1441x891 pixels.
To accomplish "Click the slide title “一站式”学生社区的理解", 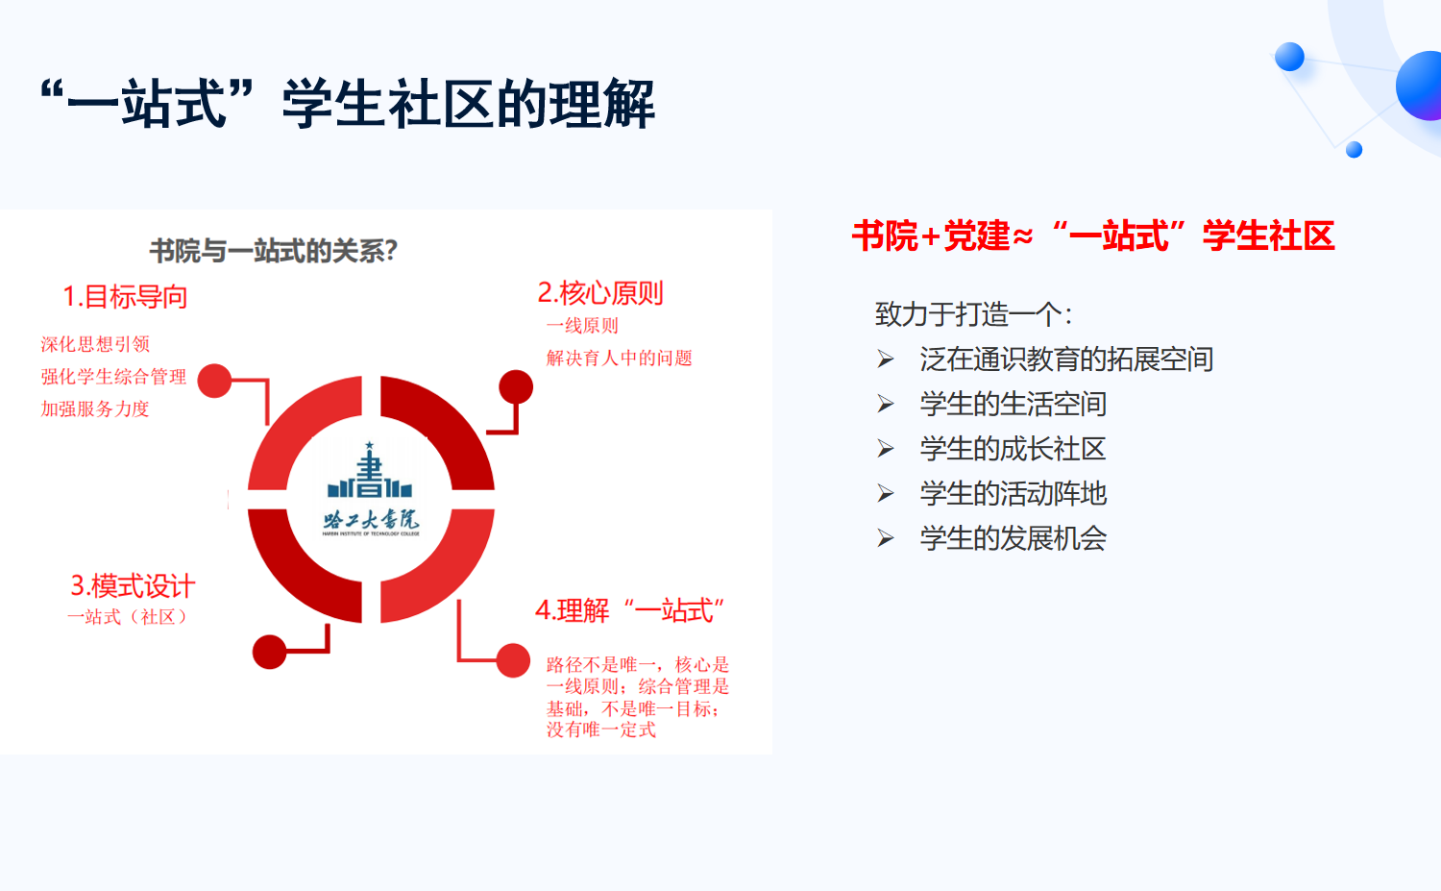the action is pos(348,103).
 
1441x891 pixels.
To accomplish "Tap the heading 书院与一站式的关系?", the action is pos(274,251).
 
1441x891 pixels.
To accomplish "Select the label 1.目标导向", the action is pos(125,297).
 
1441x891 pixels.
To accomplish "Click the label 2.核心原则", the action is pos(600,293).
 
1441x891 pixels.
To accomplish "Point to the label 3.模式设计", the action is pos(133,586).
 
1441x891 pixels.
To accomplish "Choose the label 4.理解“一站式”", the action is pos(630,610).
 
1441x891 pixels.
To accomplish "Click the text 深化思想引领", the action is pos(95,344).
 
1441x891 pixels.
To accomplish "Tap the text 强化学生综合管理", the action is pos(113,377).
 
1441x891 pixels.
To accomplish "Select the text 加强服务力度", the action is pos(95,408).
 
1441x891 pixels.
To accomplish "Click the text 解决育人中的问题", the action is pos(619,358).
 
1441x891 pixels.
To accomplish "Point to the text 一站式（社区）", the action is pos(128,617).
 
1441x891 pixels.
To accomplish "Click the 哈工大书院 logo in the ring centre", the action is pos(371,490).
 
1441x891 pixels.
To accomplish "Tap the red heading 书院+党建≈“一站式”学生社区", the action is pos(1093,235).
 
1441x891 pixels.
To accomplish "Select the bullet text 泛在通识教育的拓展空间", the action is pos(1066,359).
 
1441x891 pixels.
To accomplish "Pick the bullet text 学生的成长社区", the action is pos(1013,449).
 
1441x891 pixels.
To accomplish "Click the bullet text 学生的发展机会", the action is pos(1014,538).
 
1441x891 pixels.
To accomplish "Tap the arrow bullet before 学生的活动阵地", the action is pos(886,494).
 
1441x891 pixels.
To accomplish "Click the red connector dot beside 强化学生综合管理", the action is pos(214,381).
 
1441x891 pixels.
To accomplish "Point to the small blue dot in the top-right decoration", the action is pos(1355,150).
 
